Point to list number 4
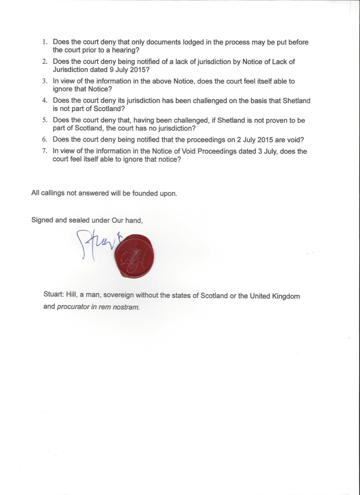click(45, 101)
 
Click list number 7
click(45, 152)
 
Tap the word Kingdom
click(284, 297)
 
